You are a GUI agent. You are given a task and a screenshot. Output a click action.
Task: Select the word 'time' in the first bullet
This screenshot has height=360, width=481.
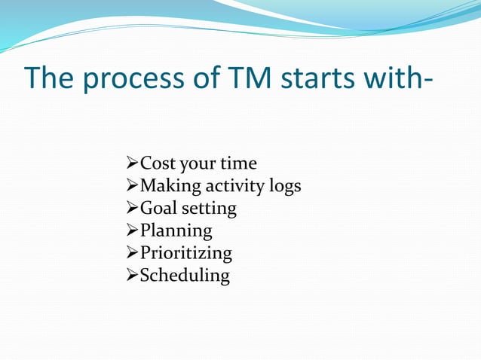click(x=238, y=163)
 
